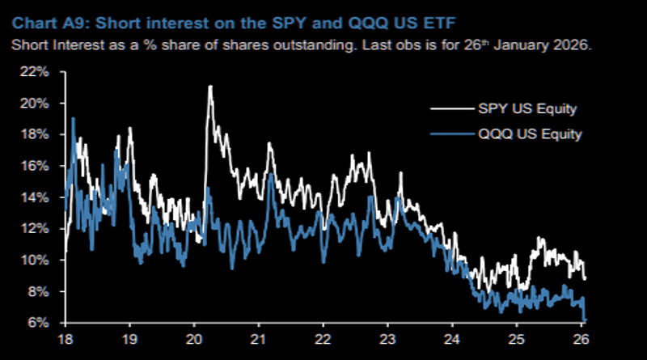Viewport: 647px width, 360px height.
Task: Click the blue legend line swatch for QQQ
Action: click(448, 134)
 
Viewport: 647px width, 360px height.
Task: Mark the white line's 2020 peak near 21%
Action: click(210, 87)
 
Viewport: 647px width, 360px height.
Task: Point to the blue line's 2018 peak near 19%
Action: click(73, 119)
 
